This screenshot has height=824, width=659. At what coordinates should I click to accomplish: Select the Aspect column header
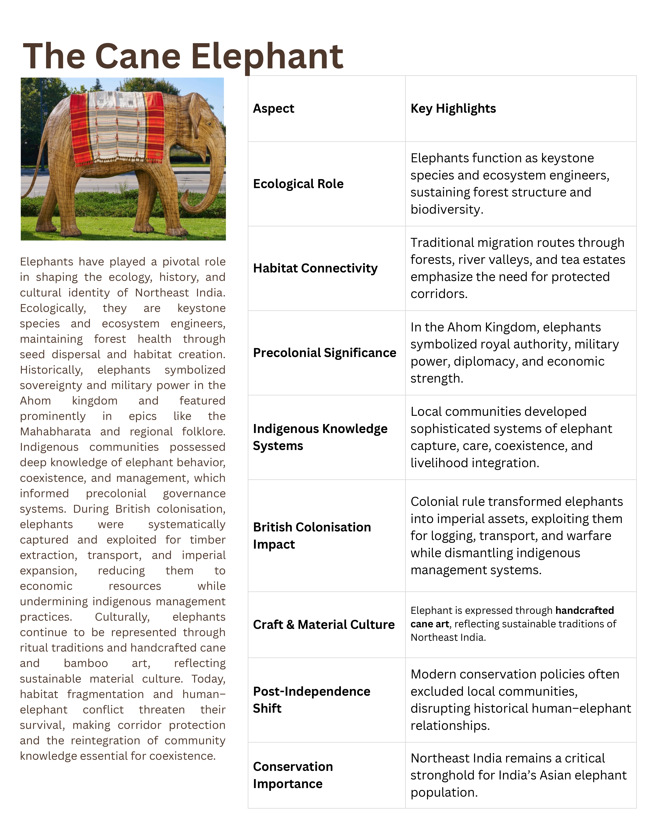coord(274,109)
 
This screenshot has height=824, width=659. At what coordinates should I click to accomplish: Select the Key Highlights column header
coord(453,109)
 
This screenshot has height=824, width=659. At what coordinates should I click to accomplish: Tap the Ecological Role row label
coord(298,184)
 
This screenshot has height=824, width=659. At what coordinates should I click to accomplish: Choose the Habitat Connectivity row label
coord(315,268)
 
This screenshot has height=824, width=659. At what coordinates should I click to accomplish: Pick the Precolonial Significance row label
coord(324,353)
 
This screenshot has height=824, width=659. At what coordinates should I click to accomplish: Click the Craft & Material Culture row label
coord(324,625)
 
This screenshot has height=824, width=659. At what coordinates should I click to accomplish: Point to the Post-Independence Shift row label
coord(311,700)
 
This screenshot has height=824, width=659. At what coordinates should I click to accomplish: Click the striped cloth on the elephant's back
coord(117,126)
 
